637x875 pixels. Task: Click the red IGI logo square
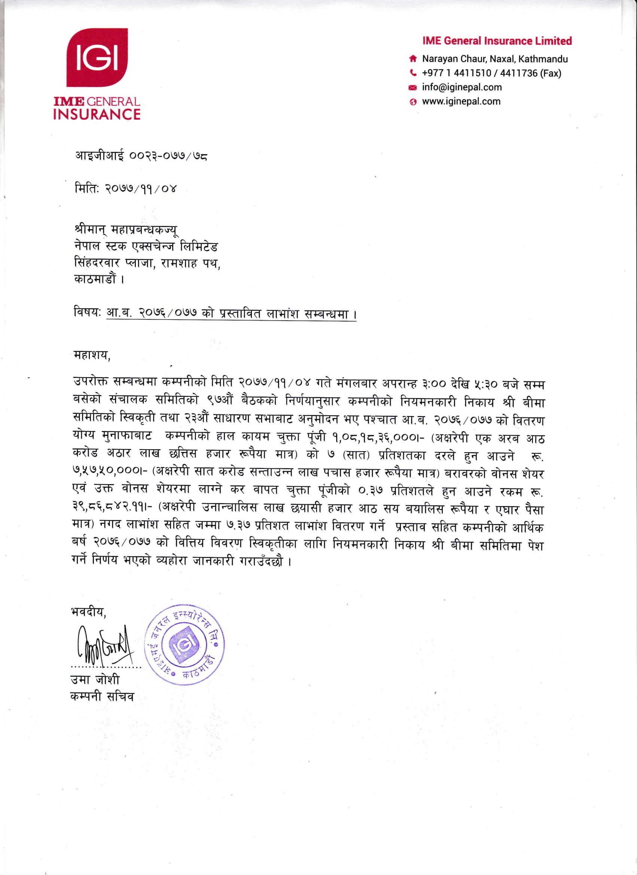pos(97,57)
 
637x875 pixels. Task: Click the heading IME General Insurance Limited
pos(497,41)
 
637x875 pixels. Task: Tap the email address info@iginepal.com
pos(462,87)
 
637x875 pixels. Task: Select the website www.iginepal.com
pos(461,101)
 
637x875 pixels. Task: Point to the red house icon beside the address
pos(413,59)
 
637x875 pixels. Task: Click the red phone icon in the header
pos(413,73)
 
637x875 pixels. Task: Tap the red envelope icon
pos(413,88)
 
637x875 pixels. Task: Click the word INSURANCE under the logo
pos(97,114)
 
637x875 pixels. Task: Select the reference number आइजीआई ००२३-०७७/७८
pos(141,156)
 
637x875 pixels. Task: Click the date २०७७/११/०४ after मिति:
pos(141,189)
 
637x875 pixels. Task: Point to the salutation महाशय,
pos(92,355)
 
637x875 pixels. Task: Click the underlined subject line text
pos(231,313)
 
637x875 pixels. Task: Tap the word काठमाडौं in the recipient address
pos(95,279)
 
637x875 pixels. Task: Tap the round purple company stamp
pos(185,644)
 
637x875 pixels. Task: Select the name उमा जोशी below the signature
pos(95,679)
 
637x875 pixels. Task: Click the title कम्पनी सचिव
pos(102,697)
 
